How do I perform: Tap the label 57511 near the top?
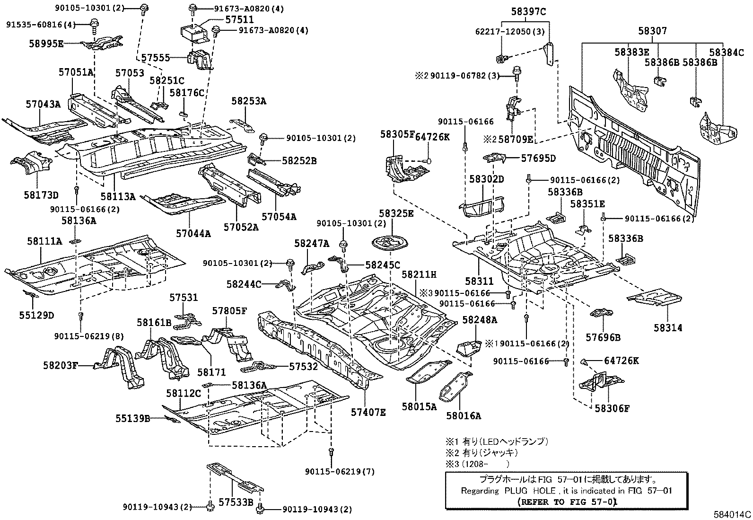(x=239, y=20)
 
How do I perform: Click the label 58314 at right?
(x=668, y=327)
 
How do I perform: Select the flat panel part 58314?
(x=655, y=298)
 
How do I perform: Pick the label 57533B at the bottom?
(x=236, y=502)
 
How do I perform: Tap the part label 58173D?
(x=42, y=195)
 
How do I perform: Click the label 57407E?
(x=368, y=412)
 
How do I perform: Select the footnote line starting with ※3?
(x=477, y=464)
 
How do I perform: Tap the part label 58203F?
(x=60, y=365)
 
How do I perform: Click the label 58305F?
(x=397, y=135)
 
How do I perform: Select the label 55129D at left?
(x=36, y=315)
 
